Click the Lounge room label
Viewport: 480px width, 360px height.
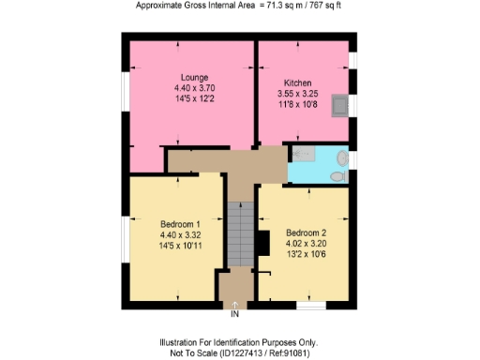click(194, 77)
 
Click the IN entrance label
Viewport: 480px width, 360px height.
click(234, 314)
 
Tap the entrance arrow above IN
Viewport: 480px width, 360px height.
click(234, 304)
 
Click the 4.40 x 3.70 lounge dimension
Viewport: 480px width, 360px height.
click(194, 87)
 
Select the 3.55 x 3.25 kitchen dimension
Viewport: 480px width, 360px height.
click(297, 94)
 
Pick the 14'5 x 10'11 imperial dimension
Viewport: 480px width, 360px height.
click(181, 246)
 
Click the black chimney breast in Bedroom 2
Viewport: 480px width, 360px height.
click(265, 243)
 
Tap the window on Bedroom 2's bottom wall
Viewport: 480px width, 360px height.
click(310, 305)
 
